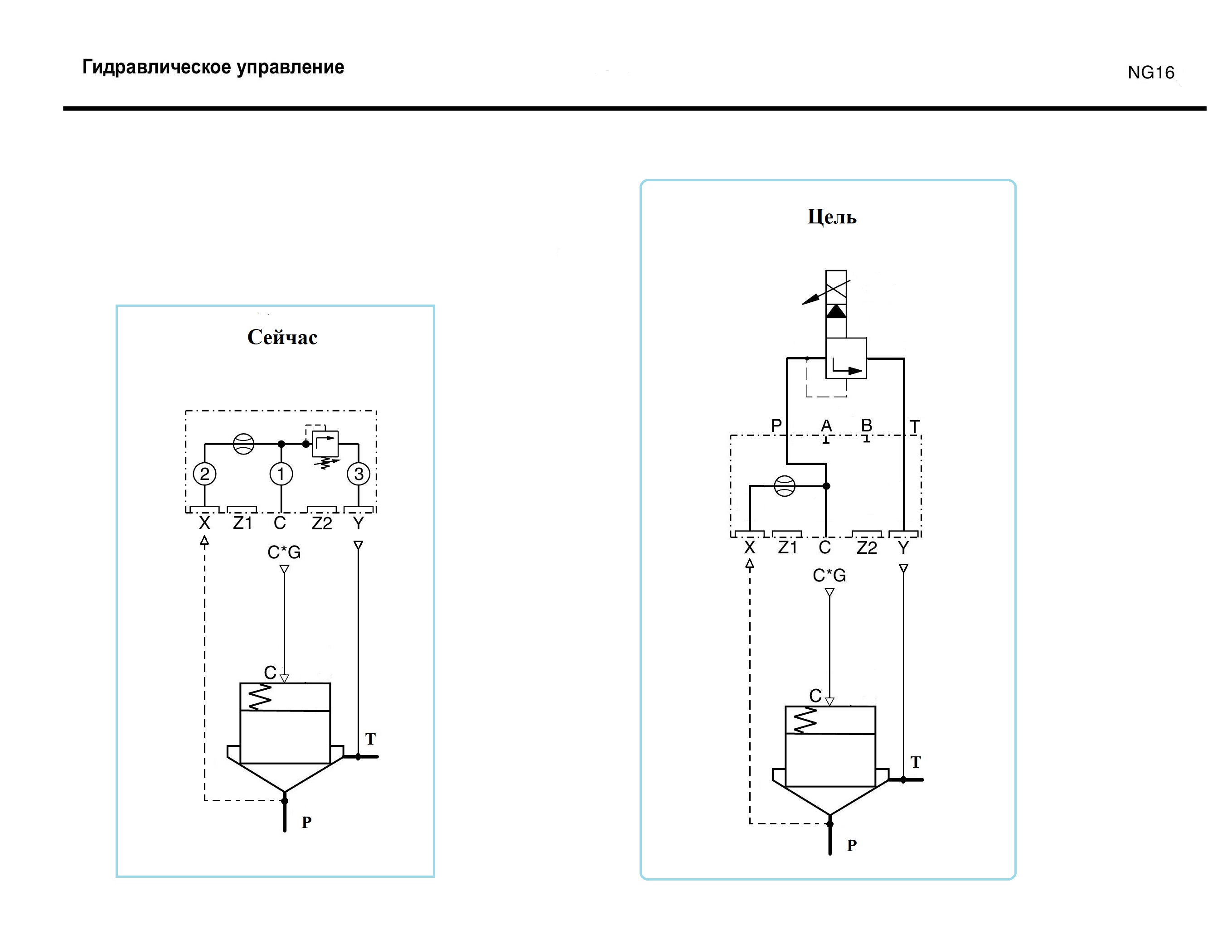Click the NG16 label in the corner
tap(1150, 73)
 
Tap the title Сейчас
tap(282, 337)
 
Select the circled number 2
tap(204, 474)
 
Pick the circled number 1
tap(281, 474)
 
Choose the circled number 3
tap(359, 474)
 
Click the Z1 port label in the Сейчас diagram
tap(242, 523)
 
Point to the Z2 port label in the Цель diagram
tap(867, 548)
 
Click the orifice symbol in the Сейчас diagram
tap(243, 444)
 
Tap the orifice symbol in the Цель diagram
tap(784, 486)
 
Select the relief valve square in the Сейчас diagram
tap(325, 443)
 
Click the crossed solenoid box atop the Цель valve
tap(836, 287)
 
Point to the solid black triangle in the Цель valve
tap(836, 311)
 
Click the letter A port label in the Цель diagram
tap(826, 426)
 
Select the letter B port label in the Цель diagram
tap(867, 426)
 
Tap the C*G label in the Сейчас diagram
tap(284, 552)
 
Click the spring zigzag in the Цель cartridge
tap(805, 721)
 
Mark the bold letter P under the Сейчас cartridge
tap(306, 822)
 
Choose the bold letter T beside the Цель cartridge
tap(915, 762)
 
